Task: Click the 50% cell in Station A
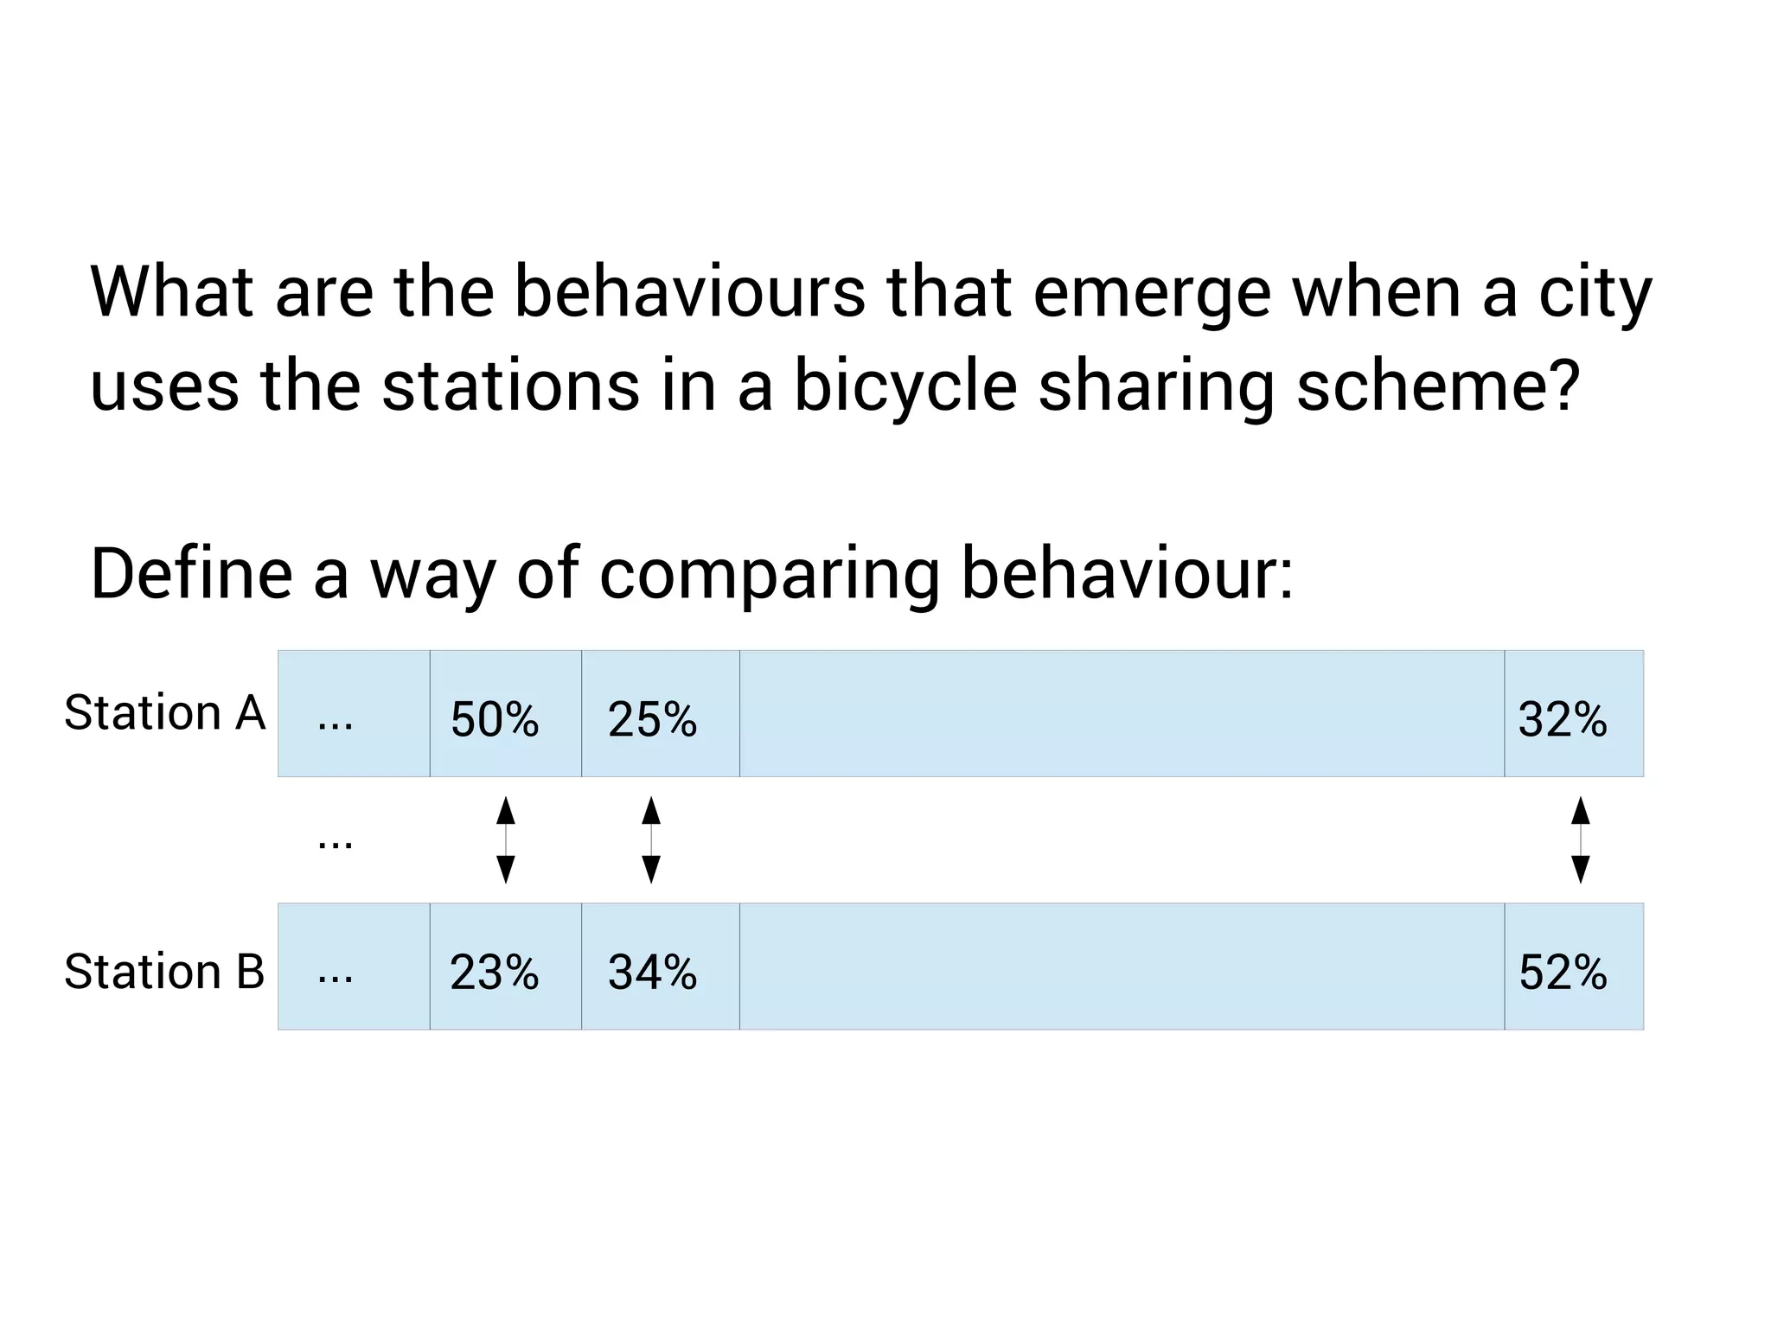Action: pos(495,719)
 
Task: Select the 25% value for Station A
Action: pos(652,719)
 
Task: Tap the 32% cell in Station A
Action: pos(1563,719)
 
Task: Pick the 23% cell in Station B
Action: pos(495,972)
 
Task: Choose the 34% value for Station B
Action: pos(652,972)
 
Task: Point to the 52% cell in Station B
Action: pos(1563,972)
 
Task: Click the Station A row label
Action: pos(164,713)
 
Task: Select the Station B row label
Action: pos(164,971)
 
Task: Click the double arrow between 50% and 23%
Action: pos(506,839)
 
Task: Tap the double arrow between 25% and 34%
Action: pos(651,839)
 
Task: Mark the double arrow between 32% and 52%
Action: pos(1580,839)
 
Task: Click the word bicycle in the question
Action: pos(905,386)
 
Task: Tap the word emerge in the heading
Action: pos(1152,294)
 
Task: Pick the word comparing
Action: pos(769,575)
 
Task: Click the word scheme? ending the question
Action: pos(1439,386)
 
